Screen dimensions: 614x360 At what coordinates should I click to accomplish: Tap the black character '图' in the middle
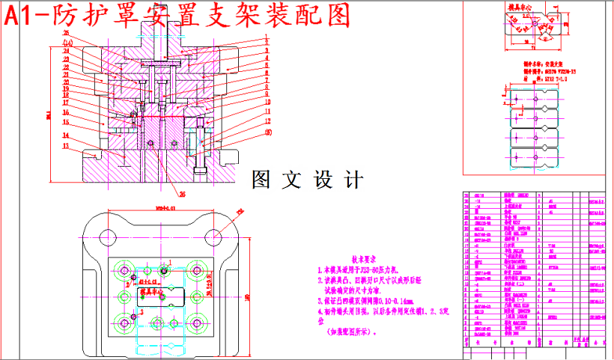point(263,180)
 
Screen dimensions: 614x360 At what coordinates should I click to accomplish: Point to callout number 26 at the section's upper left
point(66,34)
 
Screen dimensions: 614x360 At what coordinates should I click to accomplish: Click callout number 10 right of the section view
point(267,102)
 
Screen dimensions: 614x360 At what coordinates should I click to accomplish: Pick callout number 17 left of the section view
point(65,103)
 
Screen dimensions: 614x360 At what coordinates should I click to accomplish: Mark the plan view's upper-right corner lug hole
point(217,234)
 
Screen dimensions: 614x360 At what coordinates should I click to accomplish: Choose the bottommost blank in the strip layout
point(535,158)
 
